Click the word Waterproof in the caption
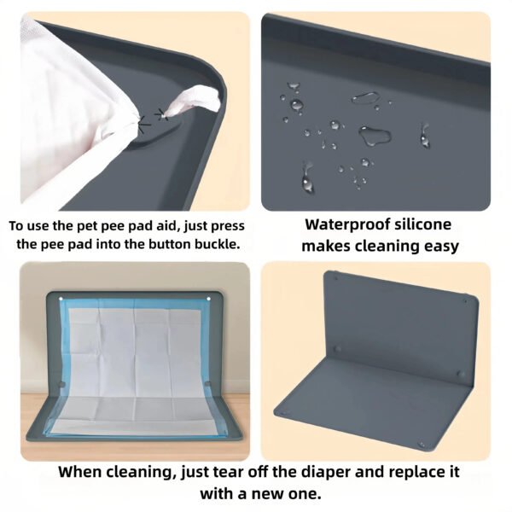pyautogui.click(x=347, y=224)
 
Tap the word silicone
pyautogui.click(x=423, y=224)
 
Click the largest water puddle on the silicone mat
pyautogui.click(x=375, y=135)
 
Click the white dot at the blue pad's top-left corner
pyautogui.click(x=61, y=299)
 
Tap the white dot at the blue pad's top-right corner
pyautogui.click(x=208, y=299)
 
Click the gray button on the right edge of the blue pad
pyautogui.click(x=208, y=383)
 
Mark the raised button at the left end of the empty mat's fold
pyautogui.click(x=338, y=349)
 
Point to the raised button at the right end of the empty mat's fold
pyautogui.click(x=461, y=374)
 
